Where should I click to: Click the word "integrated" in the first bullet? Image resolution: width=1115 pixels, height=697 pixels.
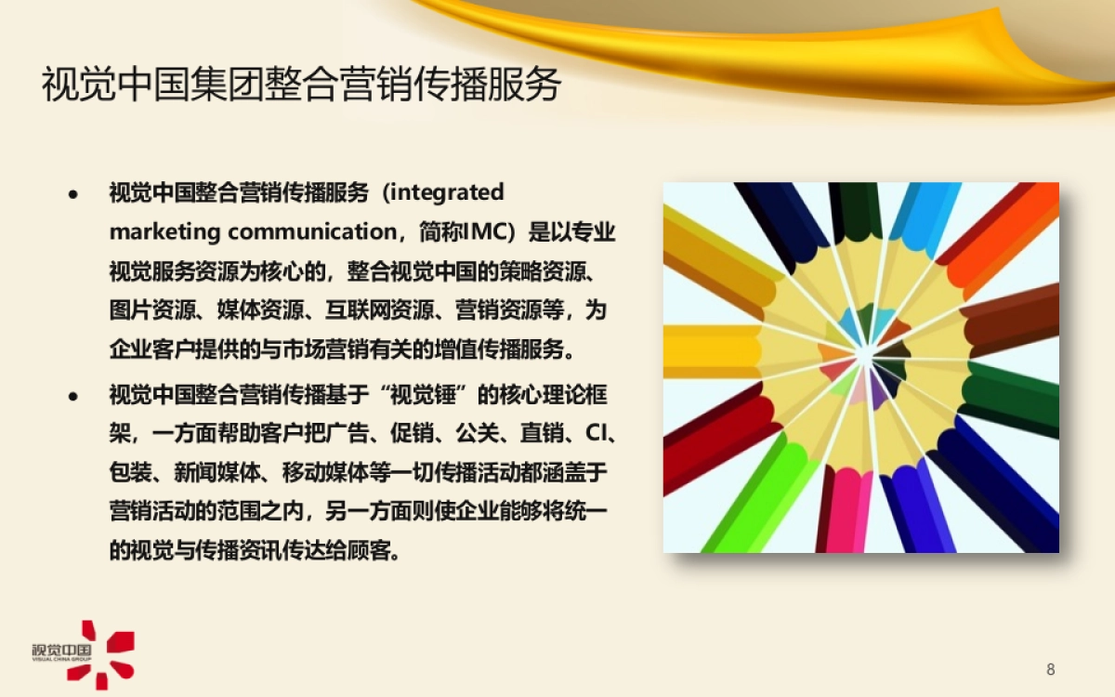coord(444,192)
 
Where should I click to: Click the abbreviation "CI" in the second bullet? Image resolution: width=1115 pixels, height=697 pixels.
coord(592,433)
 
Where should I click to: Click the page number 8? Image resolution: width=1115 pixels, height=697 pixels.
coord(1051,669)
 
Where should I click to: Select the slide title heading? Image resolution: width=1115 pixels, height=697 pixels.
coord(302,85)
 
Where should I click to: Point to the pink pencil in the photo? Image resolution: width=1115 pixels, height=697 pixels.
coord(846,506)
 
